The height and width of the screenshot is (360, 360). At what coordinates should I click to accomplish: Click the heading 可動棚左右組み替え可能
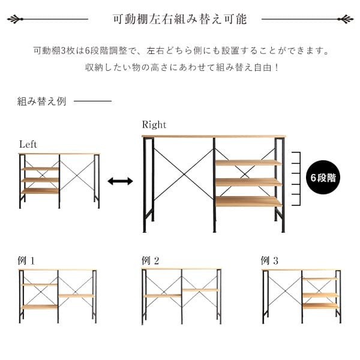[180, 19]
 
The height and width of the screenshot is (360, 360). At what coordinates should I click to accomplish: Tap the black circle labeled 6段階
[323, 177]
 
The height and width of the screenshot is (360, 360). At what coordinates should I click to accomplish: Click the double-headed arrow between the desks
[120, 181]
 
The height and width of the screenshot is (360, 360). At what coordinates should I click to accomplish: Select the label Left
[28, 145]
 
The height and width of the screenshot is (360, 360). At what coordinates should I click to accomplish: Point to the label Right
[154, 125]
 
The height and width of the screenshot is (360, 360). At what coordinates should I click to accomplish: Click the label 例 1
[26, 260]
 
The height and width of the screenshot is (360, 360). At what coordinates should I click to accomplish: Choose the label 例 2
[151, 260]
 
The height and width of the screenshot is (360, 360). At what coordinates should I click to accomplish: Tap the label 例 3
[269, 260]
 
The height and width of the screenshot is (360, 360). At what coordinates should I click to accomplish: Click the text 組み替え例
[42, 101]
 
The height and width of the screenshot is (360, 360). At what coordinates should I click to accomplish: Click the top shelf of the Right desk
[248, 163]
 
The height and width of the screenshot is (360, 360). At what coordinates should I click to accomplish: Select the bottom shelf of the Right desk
[248, 202]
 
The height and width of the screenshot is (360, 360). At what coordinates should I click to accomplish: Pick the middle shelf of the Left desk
[40, 180]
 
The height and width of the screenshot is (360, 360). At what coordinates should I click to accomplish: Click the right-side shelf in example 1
[76, 296]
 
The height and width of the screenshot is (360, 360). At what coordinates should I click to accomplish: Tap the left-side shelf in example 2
[163, 296]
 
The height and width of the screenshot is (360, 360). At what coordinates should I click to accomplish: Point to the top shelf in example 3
[320, 279]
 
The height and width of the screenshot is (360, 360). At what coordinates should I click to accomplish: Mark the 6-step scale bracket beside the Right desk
[296, 178]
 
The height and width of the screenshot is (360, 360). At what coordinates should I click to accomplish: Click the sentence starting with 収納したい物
[182, 67]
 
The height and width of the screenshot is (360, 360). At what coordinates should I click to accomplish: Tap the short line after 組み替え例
[93, 101]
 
